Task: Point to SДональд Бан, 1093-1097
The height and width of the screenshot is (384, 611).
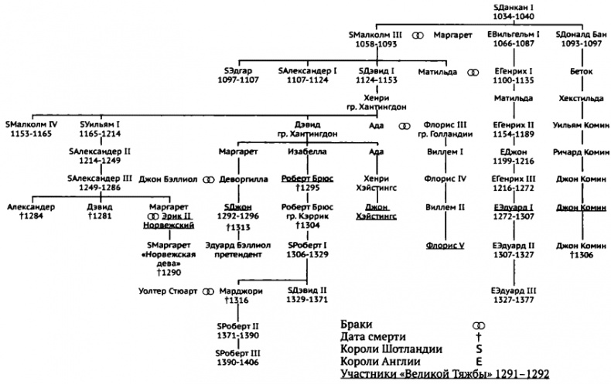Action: click(x=582, y=40)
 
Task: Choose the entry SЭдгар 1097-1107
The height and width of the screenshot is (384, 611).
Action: click(x=241, y=75)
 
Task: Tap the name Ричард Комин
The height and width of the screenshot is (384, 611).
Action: click(x=582, y=152)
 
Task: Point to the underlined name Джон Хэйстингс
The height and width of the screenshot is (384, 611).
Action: click(x=376, y=211)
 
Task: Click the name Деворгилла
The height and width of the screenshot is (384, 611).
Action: click(x=241, y=179)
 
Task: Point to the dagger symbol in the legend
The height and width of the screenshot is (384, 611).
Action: click(x=480, y=338)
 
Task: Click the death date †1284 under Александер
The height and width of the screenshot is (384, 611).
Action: click(x=31, y=217)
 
